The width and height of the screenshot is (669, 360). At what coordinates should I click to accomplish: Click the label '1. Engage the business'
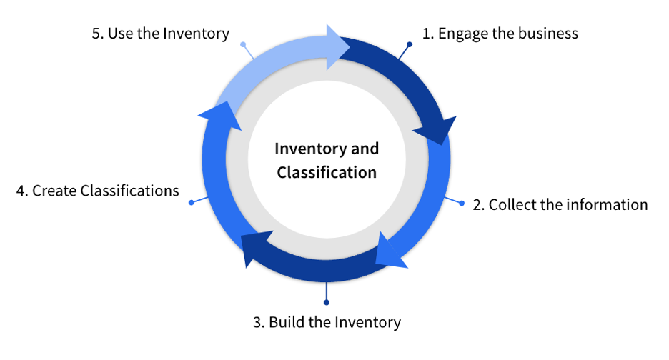click(500, 33)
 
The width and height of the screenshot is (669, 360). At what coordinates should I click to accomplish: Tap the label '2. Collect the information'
click(560, 205)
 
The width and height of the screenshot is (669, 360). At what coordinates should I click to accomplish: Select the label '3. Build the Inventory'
click(327, 322)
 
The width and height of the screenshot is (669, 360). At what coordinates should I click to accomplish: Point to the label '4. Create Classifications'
click(97, 191)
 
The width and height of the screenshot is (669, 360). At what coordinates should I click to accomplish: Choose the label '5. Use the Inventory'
click(161, 33)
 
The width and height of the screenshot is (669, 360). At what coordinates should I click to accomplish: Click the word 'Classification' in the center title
click(327, 172)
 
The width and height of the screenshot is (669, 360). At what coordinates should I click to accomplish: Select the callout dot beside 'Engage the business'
click(410, 44)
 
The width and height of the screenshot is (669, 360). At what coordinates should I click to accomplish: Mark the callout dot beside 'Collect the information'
click(462, 203)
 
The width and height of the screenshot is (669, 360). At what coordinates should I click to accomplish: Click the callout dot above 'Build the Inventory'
click(327, 301)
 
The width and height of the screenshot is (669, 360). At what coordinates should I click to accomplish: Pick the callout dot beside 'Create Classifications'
click(192, 203)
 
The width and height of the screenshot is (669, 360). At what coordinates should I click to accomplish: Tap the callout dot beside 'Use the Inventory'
click(243, 44)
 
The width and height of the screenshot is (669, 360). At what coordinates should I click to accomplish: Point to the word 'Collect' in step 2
click(512, 205)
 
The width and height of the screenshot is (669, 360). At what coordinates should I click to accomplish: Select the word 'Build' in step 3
click(285, 322)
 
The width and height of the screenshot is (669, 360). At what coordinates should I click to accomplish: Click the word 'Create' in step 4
click(54, 191)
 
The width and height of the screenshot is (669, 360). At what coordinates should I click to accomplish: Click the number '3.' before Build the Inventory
click(259, 322)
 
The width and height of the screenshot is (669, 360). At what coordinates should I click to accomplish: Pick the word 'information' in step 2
click(607, 205)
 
